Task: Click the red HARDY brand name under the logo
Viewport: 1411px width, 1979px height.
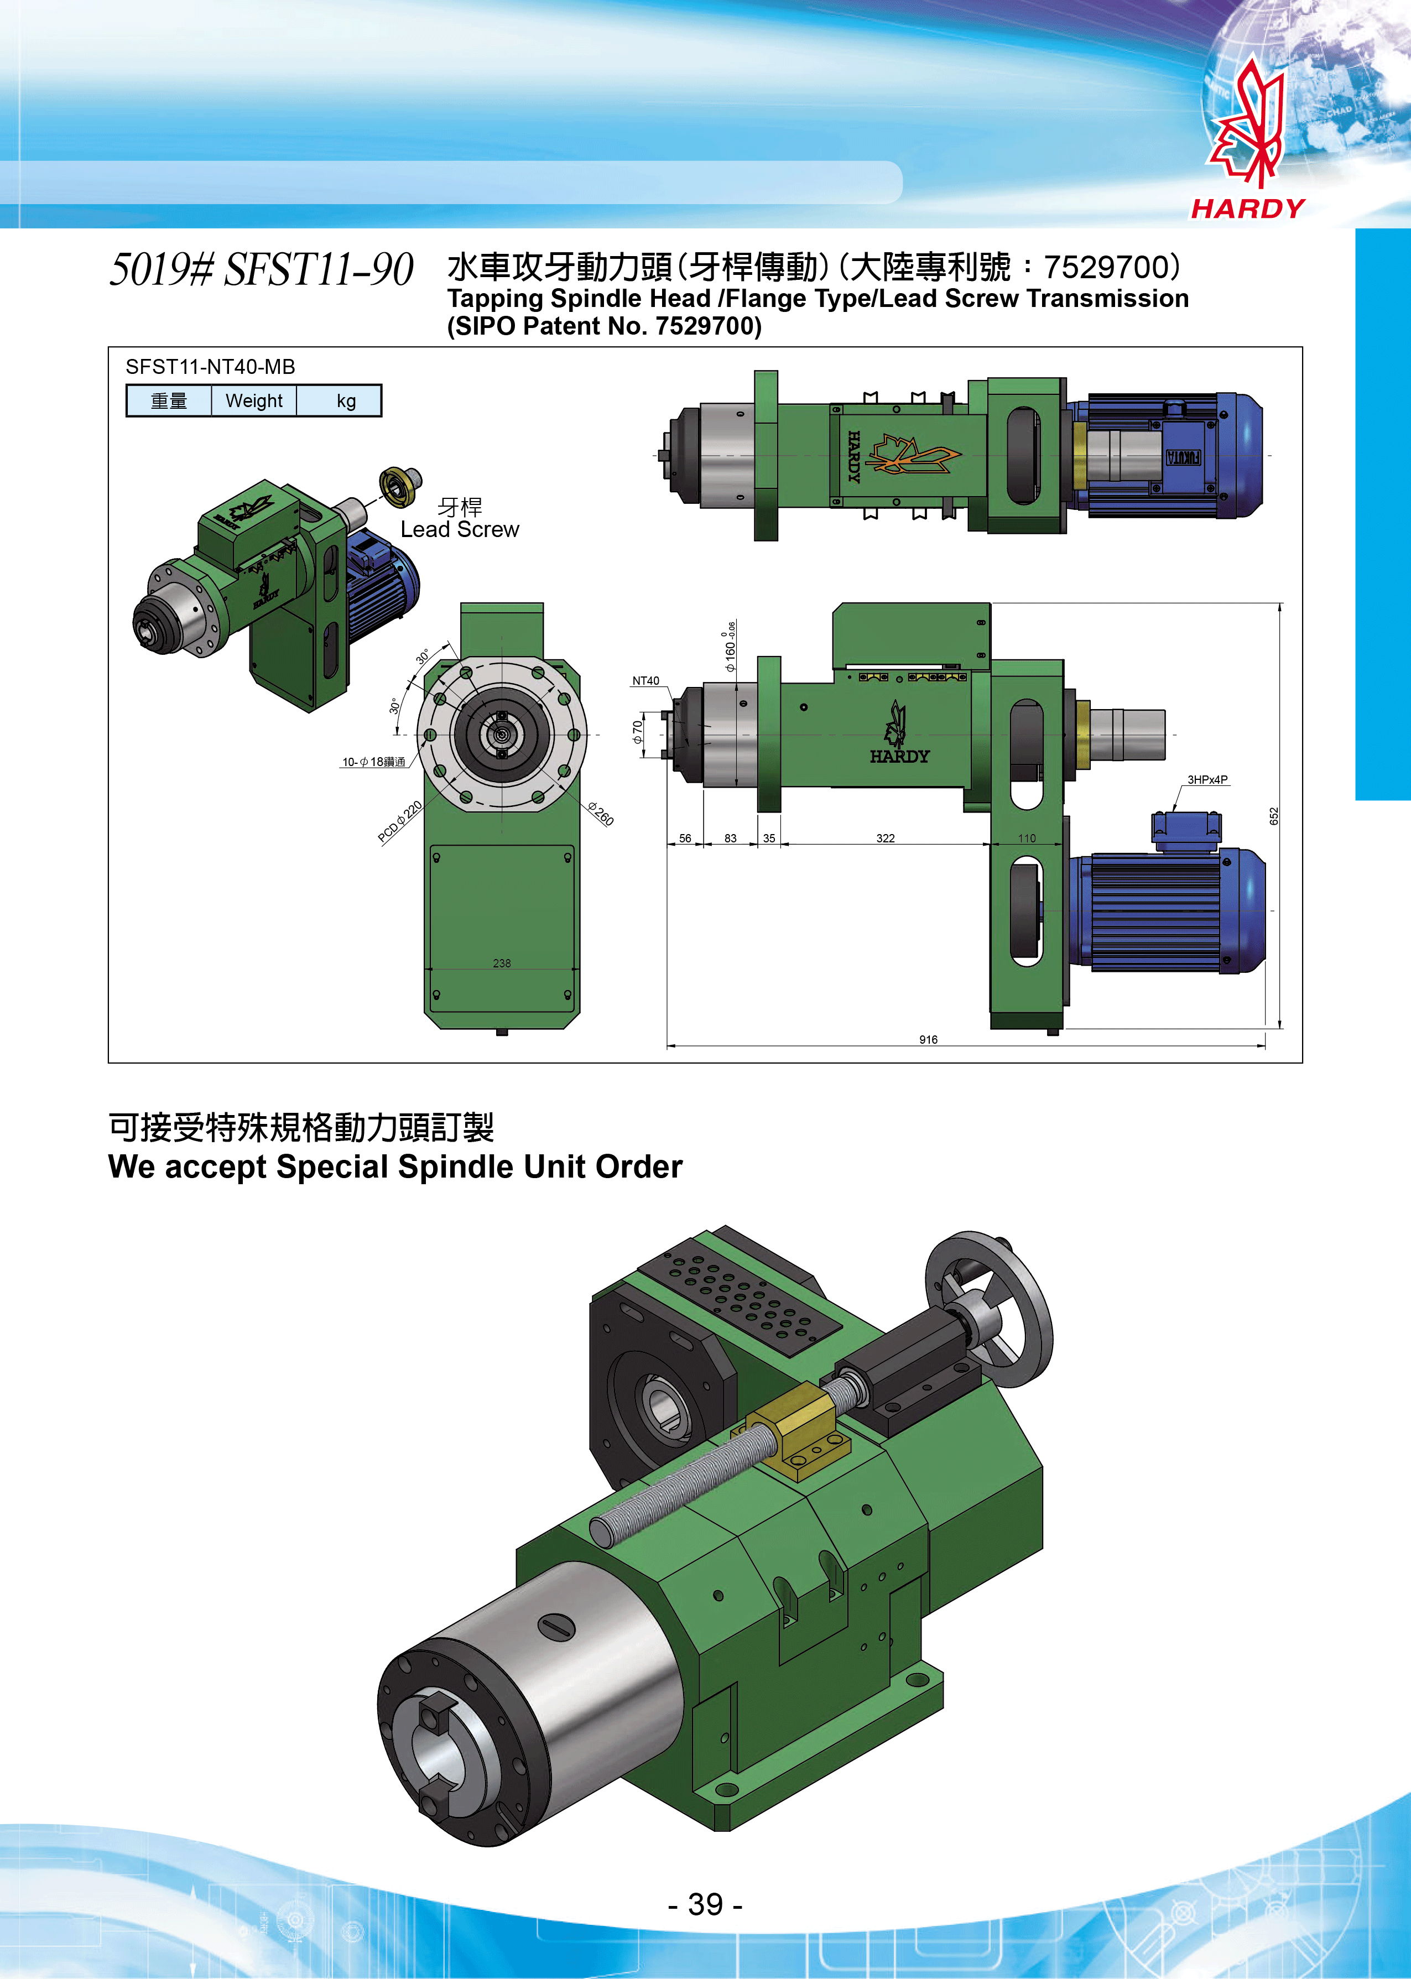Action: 1248,209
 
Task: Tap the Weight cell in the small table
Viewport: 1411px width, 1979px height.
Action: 254,400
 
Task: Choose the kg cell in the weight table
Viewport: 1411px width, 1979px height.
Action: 346,400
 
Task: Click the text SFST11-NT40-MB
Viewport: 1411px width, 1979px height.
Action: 210,367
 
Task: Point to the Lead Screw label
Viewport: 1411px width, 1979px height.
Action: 460,529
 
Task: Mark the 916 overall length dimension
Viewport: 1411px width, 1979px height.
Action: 928,1039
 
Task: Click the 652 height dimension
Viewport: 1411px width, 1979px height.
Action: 1274,816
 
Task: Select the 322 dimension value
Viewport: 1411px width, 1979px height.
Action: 886,839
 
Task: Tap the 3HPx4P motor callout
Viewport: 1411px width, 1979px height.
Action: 1207,779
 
